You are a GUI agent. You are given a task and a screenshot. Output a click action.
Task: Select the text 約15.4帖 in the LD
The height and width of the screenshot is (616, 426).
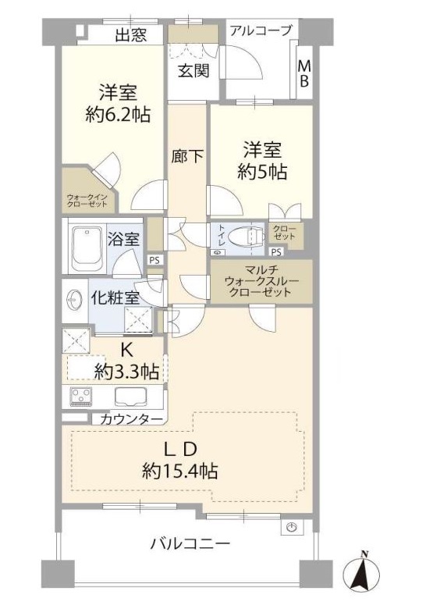[181, 471]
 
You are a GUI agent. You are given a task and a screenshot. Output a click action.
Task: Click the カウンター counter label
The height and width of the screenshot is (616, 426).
[131, 419]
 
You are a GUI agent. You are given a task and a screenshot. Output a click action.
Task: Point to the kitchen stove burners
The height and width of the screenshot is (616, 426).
[82, 396]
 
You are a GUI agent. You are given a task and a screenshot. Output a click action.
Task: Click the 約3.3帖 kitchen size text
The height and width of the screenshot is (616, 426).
[128, 372]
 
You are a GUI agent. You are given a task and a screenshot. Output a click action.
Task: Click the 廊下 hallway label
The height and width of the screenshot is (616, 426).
[187, 155]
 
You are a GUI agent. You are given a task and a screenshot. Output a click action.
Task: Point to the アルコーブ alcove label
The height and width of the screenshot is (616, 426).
[260, 30]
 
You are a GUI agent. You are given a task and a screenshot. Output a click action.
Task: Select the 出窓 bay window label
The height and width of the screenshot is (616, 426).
[131, 34]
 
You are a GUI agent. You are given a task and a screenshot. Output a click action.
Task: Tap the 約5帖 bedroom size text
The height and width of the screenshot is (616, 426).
[261, 172]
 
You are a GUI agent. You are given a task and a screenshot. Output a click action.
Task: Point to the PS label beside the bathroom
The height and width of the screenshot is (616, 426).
[154, 261]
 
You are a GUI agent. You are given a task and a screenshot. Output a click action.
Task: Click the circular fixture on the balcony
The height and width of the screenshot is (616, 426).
[293, 528]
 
